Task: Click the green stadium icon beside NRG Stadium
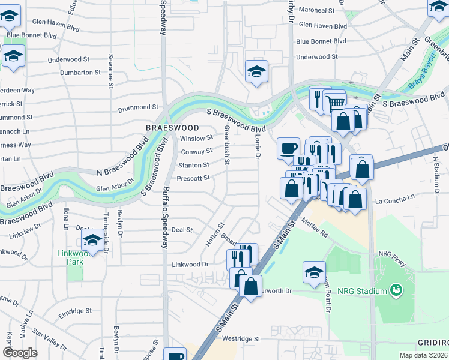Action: [x=396, y=291]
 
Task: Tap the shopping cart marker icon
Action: [x=336, y=103]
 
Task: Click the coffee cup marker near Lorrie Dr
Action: [x=288, y=148]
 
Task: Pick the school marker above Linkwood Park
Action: [x=92, y=241]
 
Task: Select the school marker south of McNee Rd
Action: [x=314, y=272]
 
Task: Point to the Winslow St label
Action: [x=196, y=138]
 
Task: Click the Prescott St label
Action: [x=193, y=178]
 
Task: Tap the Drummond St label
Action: [x=137, y=107]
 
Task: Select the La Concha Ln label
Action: [x=394, y=197]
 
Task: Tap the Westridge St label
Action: [x=241, y=338]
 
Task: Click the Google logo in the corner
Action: [x=20, y=353]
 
